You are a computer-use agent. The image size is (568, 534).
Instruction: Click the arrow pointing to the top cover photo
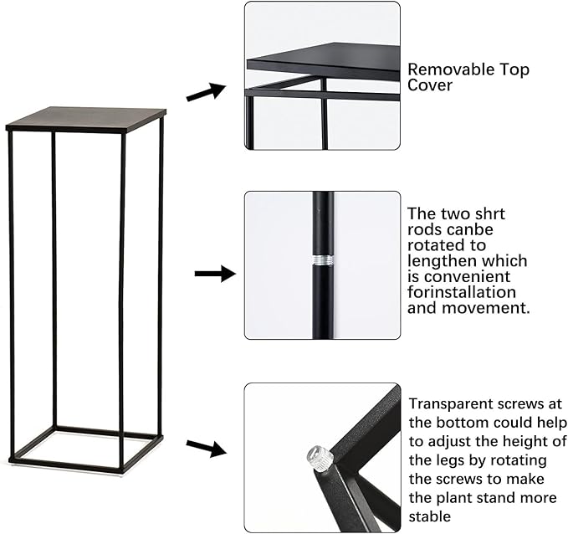pyautogui.click(x=206, y=92)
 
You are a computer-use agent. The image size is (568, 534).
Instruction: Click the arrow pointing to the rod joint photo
pyautogui.click(x=215, y=274)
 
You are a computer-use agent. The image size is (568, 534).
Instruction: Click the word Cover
pyautogui.click(x=430, y=85)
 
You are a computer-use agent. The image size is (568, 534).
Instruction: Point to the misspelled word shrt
pyautogui.click(x=489, y=214)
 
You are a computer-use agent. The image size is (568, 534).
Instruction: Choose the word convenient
pyautogui.click(x=467, y=277)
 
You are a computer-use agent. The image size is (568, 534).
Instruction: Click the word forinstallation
pyautogui.click(x=462, y=292)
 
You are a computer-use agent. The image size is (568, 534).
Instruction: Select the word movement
pyautogui.click(x=486, y=308)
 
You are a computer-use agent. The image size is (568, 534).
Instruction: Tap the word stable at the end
pyautogui.click(x=430, y=516)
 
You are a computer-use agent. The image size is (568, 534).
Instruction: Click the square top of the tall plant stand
pyautogui.click(x=86, y=119)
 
